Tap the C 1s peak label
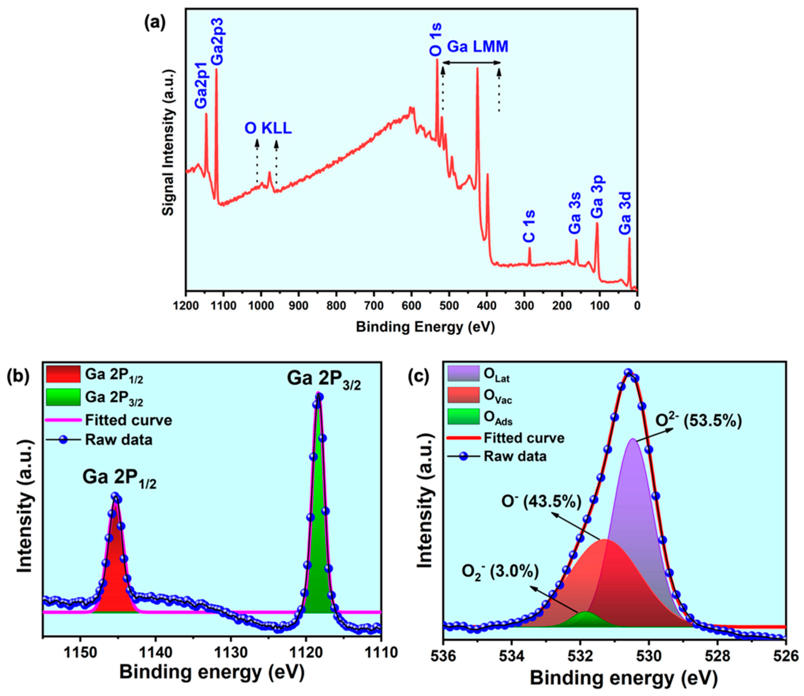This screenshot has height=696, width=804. pyautogui.click(x=529, y=226)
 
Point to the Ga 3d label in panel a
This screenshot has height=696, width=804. pyautogui.click(x=625, y=213)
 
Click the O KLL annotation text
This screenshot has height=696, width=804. pyautogui.click(x=268, y=129)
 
